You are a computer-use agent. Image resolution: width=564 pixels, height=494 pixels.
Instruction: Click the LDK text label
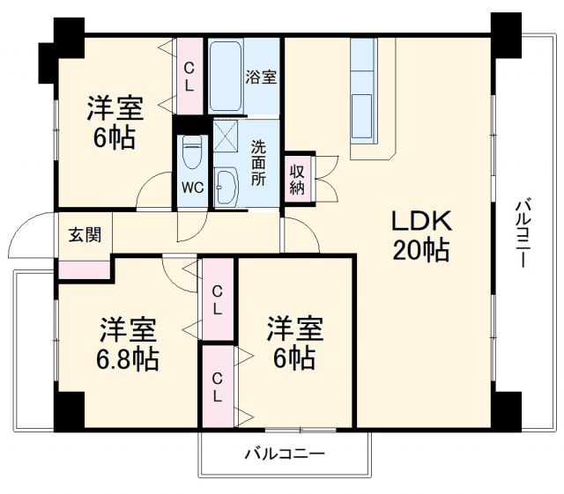421,221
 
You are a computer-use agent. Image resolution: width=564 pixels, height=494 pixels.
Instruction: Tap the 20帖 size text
421,251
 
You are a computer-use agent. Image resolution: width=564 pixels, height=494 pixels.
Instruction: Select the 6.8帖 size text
128,359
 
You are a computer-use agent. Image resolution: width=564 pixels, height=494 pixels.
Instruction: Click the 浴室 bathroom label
261,77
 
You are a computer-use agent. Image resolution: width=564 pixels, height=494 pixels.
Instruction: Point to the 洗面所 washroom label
257,162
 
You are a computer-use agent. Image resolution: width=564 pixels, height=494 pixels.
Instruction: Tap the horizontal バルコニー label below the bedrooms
285,455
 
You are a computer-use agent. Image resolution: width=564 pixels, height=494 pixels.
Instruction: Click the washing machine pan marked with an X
227,138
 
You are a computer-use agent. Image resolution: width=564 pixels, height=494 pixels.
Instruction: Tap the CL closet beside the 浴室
189,76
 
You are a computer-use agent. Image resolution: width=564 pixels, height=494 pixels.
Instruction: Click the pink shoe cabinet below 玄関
84,268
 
